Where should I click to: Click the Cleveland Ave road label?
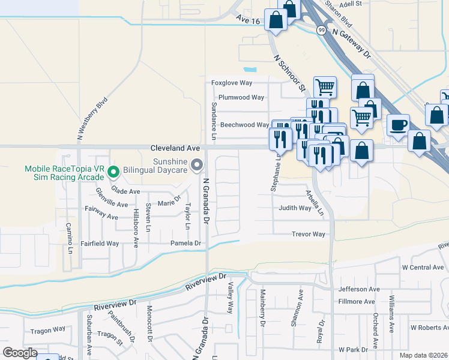tap(175, 147)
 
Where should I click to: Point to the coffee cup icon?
tap(398, 125)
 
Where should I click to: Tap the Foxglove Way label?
tap(232, 83)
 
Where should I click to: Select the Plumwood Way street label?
tap(241, 97)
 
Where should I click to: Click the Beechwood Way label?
tap(244, 125)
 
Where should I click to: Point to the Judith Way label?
tap(295, 208)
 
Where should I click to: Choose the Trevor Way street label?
tap(309, 234)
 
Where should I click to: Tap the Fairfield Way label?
tap(100, 244)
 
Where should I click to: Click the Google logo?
tap(20, 353)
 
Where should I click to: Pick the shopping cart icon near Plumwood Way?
tap(325, 87)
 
